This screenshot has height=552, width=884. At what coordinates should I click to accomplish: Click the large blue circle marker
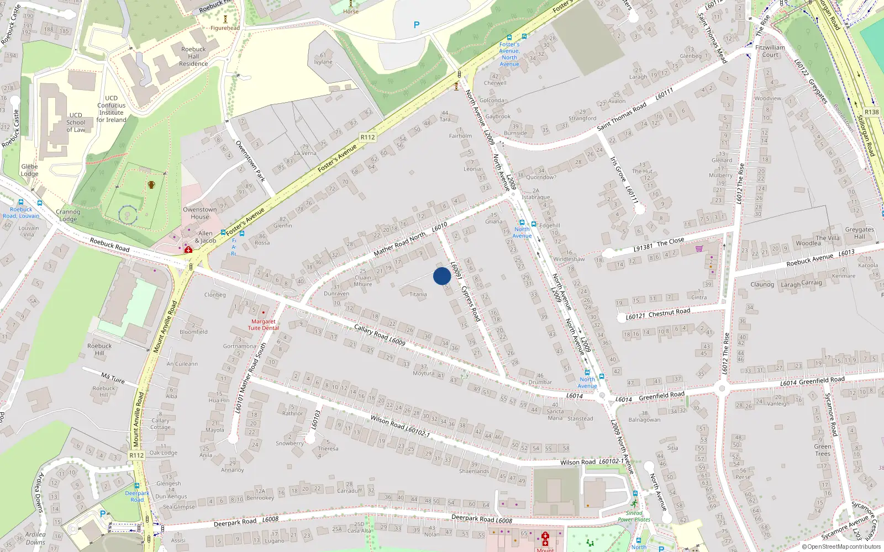442,276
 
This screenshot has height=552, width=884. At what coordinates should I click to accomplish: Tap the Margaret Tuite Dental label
263,325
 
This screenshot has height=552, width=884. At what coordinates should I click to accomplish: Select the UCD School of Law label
76,123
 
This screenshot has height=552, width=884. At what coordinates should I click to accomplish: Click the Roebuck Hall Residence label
193,56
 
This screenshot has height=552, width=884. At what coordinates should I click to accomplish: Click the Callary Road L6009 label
380,335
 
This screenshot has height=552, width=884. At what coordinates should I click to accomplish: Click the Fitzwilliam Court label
770,51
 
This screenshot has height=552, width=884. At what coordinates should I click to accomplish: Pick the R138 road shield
871,112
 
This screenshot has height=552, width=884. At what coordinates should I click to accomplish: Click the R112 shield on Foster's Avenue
367,137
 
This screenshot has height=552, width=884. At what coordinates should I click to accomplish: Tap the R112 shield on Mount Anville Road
136,455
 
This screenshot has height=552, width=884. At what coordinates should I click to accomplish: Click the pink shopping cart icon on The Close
699,248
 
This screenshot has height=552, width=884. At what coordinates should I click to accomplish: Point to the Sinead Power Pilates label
634,516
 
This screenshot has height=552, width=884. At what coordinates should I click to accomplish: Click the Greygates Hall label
859,233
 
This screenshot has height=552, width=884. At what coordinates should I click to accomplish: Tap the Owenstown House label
200,213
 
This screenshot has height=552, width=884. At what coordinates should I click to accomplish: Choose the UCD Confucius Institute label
112,109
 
